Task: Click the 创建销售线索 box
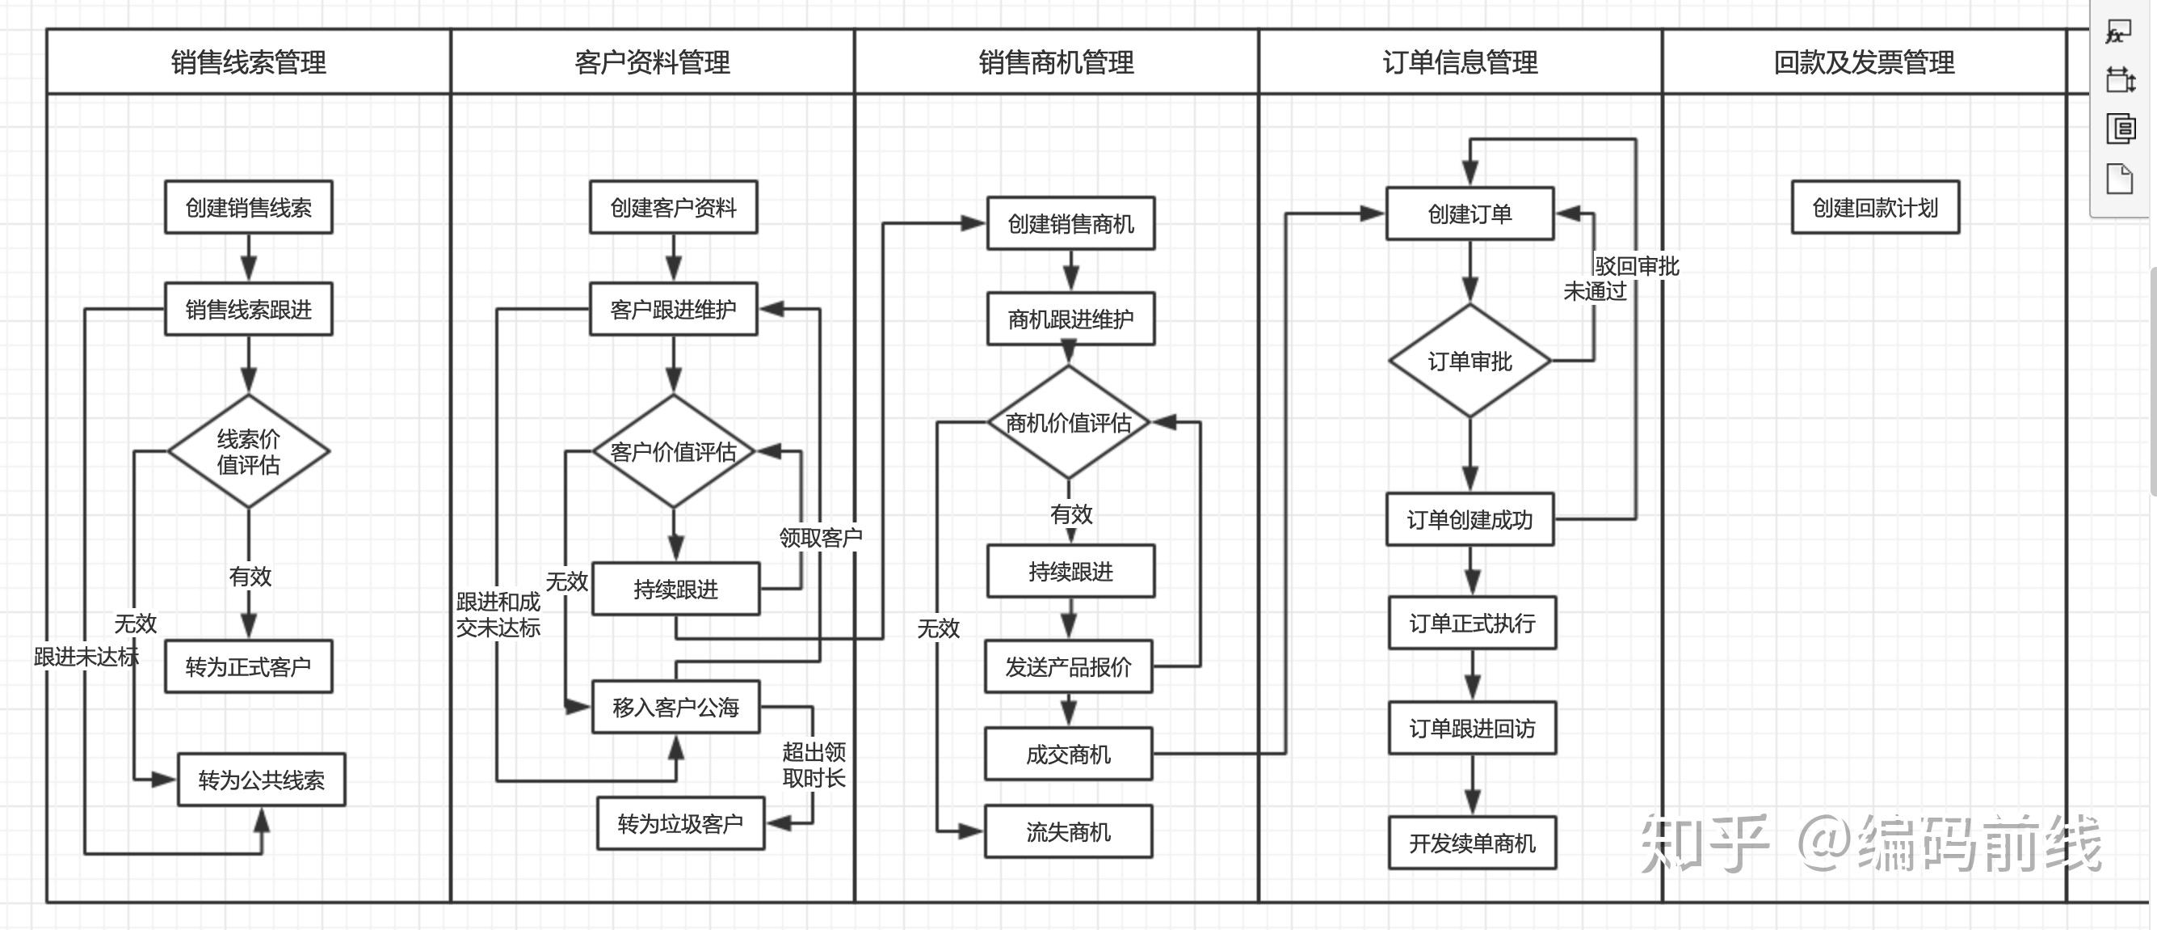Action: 248,207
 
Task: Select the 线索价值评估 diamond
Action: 248,451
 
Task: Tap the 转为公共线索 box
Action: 261,780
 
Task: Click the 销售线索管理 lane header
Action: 249,62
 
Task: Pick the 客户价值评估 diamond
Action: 673,451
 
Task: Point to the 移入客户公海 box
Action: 675,707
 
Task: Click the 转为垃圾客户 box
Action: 680,823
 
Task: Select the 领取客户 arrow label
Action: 821,537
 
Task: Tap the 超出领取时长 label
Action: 813,764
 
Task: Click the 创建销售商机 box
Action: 1070,224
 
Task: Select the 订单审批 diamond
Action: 1470,361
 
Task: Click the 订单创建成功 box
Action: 1470,519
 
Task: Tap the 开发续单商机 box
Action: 1472,843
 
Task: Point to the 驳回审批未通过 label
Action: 1621,278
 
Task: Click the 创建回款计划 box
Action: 1875,207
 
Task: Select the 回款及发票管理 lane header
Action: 1864,62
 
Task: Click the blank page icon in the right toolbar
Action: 2119,179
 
